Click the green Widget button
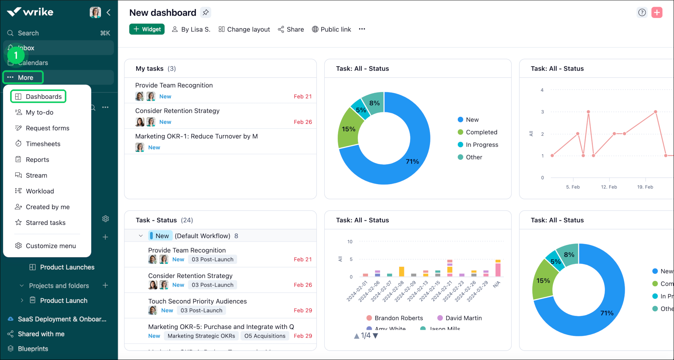pyautogui.click(x=147, y=29)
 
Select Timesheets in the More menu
pyautogui.click(x=43, y=144)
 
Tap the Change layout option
pyautogui.click(x=244, y=29)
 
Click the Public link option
pyautogui.click(x=331, y=29)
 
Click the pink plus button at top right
pyautogui.click(x=657, y=12)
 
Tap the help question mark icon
pyautogui.click(x=642, y=12)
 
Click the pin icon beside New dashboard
pyautogui.click(x=206, y=13)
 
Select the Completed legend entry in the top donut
pyautogui.click(x=481, y=132)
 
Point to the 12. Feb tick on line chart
pyautogui.click(x=609, y=187)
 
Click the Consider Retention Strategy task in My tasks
pyautogui.click(x=177, y=111)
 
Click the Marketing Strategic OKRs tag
pyautogui.click(x=201, y=336)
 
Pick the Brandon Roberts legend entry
pyautogui.click(x=398, y=318)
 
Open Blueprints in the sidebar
pyautogui.click(x=33, y=349)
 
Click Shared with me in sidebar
pyautogui.click(x=41, y=334)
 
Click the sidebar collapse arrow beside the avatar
pyautogui.click(x=108, y=12)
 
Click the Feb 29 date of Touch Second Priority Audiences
pyautogui.click(x=303, y=310)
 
